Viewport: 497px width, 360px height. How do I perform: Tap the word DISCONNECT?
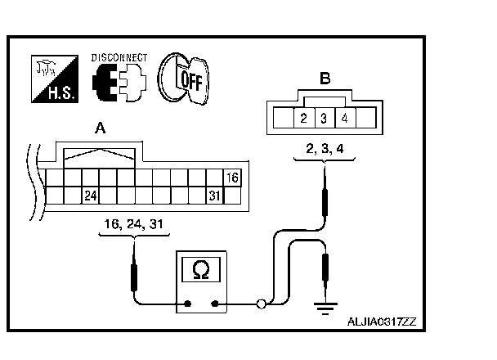[119, 57]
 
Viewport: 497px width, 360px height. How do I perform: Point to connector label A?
[100, 128]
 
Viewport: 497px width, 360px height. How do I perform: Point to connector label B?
[325, 79]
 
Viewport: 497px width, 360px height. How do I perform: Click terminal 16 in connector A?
[232, 178]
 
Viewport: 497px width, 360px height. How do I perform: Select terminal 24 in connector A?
[91, 196]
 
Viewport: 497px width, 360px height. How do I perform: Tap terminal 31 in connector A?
[214, 196]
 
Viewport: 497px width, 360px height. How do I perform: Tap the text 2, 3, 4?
[325, 150]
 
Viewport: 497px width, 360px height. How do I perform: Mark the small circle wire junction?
[261, 304]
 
